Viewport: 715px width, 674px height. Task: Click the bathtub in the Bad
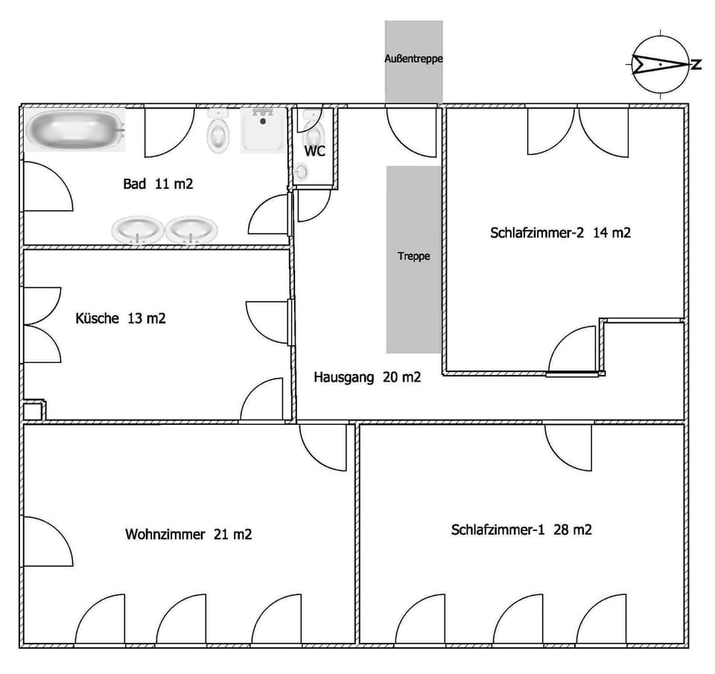point(75,129)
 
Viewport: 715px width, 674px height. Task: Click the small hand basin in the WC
point(302,172)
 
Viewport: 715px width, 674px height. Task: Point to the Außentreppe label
point(413,59)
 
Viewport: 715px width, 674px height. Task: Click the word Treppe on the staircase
point(413,256)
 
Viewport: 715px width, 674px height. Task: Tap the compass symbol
point(661,64)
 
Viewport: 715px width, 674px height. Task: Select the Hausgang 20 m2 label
point(367,377)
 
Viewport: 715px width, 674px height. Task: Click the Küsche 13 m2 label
point(121,318)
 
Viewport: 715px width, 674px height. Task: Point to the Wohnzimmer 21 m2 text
point(188,533)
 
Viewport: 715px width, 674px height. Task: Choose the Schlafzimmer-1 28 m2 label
point(521,530)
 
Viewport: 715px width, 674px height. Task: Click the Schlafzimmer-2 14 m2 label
point(560,233)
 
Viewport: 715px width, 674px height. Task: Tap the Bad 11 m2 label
point(158,184)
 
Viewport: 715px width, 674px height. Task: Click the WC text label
point(314,151)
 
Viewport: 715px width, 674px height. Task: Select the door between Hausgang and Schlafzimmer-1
point(568,447)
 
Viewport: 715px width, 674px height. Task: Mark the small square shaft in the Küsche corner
point(33,411)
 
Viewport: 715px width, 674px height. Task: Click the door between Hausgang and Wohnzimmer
point(322,447)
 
